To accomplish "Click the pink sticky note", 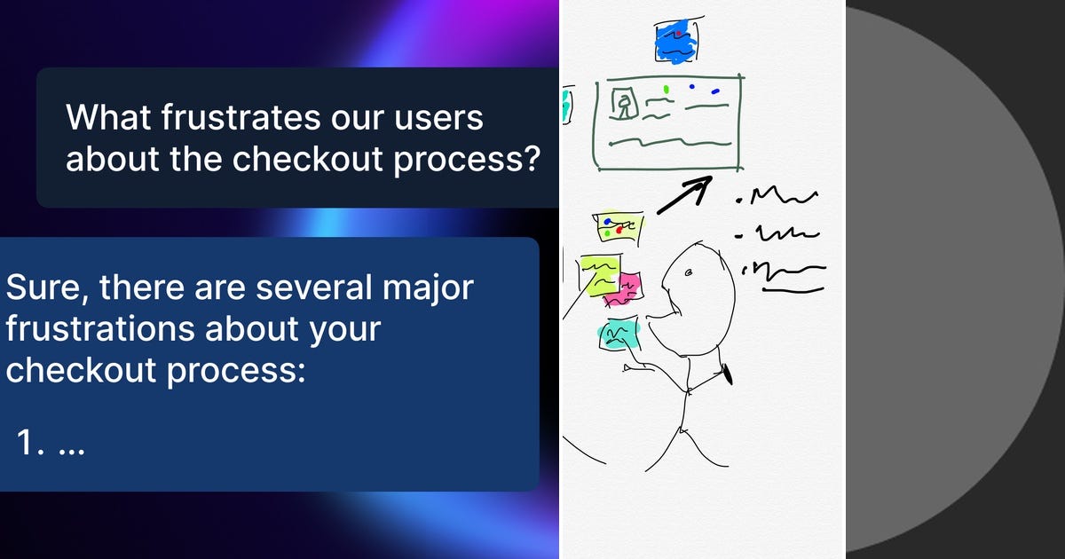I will (x=628, y=286).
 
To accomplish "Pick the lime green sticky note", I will (x=600, y=274).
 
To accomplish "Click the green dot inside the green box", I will (x=666, y=90).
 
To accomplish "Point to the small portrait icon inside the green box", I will (x=627, y=105).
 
